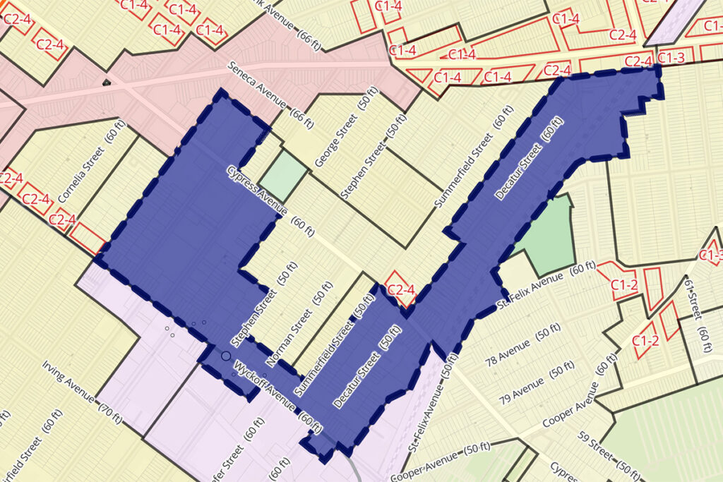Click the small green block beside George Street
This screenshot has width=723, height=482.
click(x=284, y=174)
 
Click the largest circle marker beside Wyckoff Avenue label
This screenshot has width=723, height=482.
click(x=226, y=357)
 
